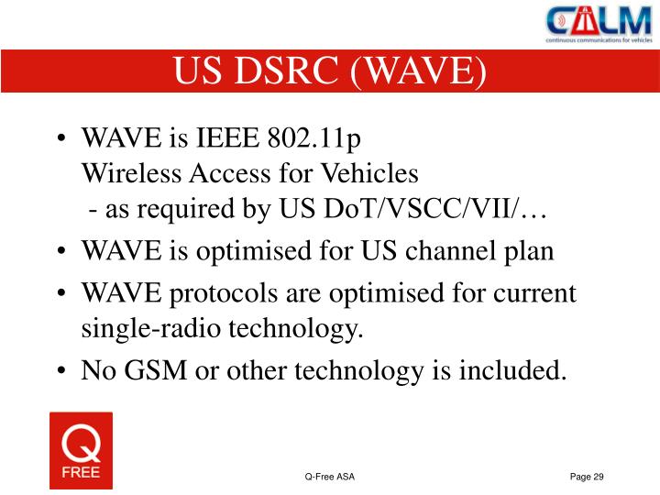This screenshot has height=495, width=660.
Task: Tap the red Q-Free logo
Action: (x=81, y=450)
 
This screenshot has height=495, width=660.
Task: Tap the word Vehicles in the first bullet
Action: (x=368, y=173)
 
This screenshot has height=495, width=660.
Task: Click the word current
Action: (x=534, y=294)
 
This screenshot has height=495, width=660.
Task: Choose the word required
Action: (x=188, y=210)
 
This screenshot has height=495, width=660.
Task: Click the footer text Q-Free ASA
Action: (x=330, y=477)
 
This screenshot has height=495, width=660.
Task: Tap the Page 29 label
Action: (x=587, y=477)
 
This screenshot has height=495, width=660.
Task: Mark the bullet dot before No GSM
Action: (x=61, y=371)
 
